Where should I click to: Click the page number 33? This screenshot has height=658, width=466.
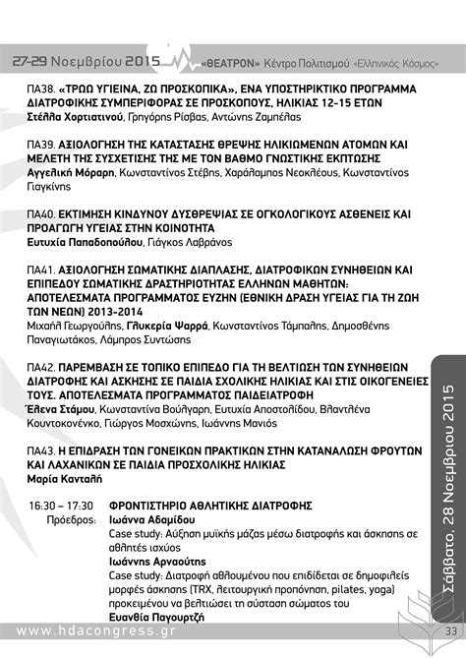(451, 630)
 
